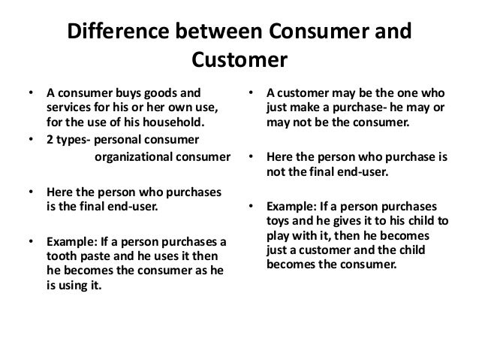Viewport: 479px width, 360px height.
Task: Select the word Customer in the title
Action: point(239,59)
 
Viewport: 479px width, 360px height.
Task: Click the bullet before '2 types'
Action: point(30,141)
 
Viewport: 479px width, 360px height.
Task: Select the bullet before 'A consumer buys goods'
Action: point(30,95)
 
